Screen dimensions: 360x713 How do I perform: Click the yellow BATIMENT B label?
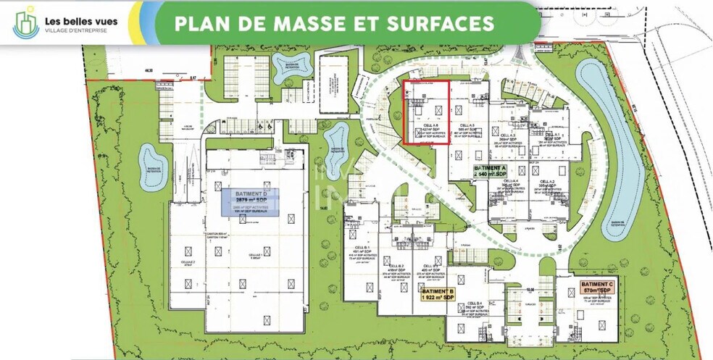click(x=438, y=296)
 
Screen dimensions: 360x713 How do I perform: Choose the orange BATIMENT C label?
click(x=597, y=287)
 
